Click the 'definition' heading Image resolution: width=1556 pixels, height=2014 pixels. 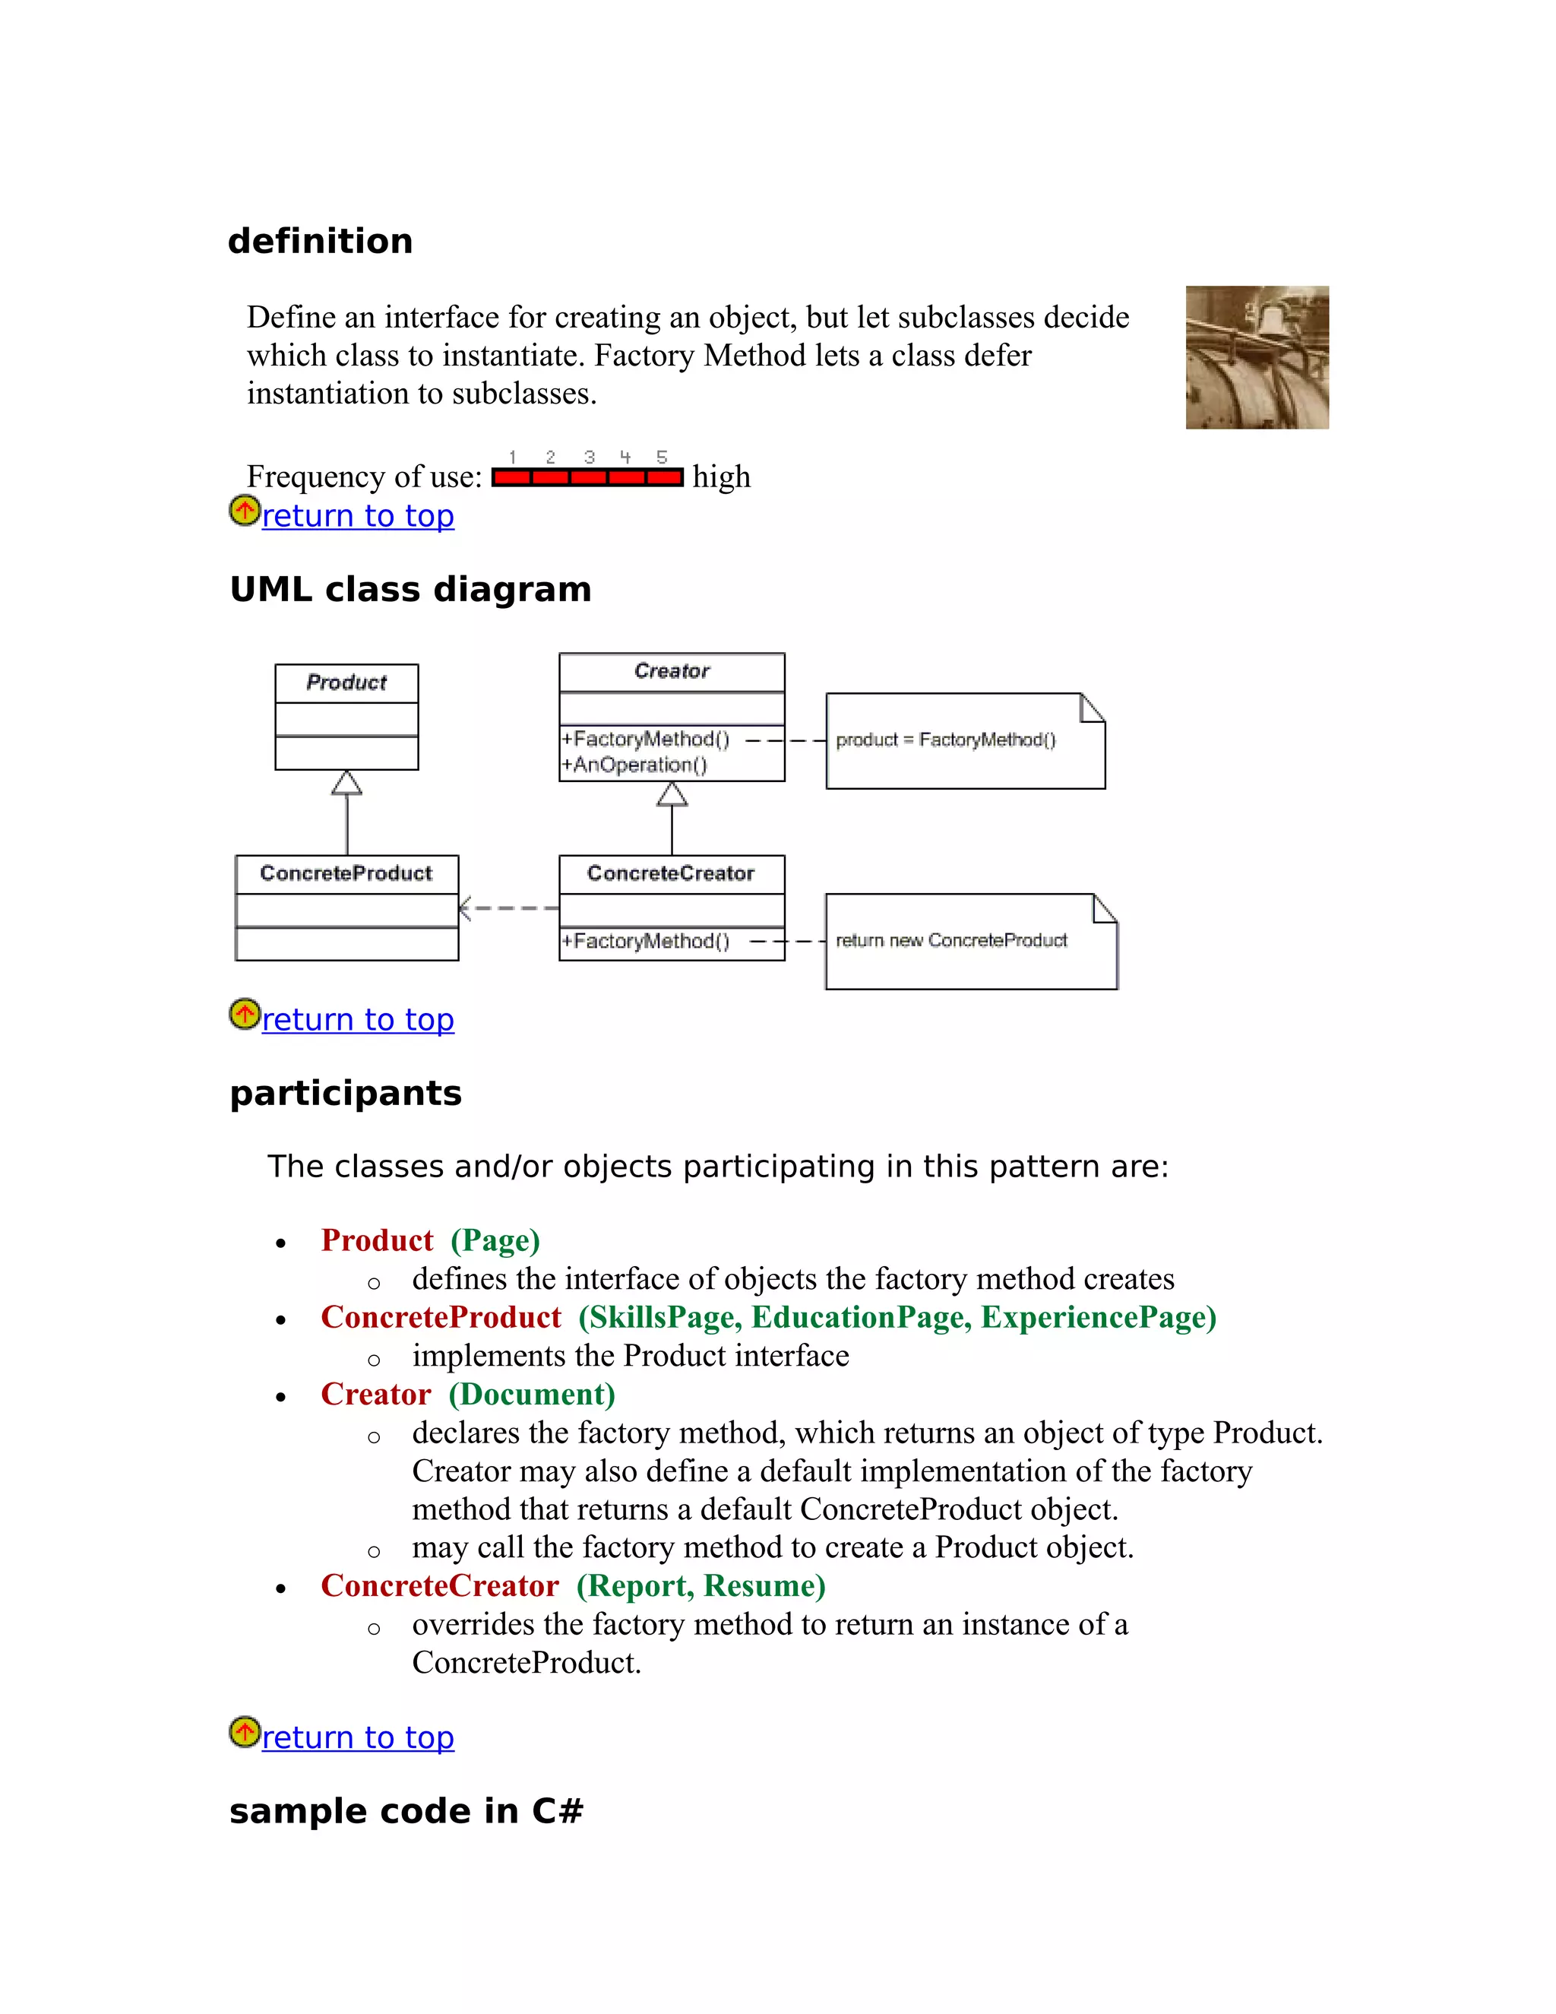point(320,242)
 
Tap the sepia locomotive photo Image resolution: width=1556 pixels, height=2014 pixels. point(1257,357)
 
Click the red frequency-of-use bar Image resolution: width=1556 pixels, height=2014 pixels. point(587,477)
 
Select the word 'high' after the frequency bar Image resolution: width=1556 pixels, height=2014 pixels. point(721,477)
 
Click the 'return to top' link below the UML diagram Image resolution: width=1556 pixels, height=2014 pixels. point(358,1019)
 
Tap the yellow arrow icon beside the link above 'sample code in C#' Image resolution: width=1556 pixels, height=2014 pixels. point(245,1732)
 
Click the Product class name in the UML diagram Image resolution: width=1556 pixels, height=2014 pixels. point(346,682)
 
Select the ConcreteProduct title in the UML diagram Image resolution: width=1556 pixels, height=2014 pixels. point(346,873)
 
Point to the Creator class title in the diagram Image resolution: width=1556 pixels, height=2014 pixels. point(671,671)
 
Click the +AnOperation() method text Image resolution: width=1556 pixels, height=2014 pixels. point(635,765)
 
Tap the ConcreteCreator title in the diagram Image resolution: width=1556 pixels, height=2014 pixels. point(670,873)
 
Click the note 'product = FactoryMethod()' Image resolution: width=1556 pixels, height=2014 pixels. point(946,739)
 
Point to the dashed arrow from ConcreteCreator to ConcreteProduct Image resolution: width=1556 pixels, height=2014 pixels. point(509,908)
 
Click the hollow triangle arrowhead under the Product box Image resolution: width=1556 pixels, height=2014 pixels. point(346,783)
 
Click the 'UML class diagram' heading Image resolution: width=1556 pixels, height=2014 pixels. point(410,589)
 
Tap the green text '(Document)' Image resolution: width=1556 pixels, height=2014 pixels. point(532,1395)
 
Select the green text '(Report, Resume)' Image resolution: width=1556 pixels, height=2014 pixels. point(701,1585)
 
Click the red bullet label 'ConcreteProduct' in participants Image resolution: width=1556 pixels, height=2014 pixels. point(441,1317)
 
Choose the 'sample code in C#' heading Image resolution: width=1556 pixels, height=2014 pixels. point(406,1811)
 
